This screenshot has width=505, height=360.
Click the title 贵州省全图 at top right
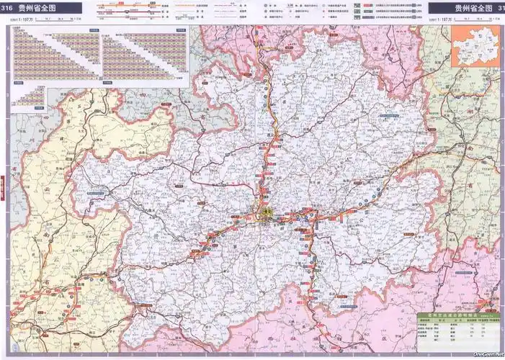(x=468, y=8)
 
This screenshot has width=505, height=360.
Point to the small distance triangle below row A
(x=29, y=97)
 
